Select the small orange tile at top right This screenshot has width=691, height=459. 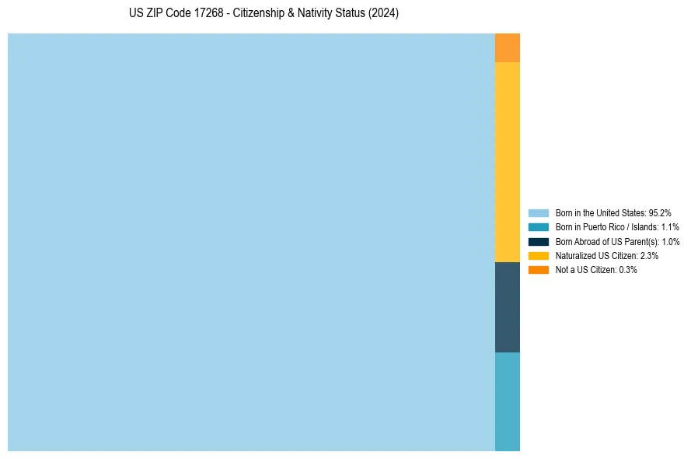point(508,48)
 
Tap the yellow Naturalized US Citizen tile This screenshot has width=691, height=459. point(508,162)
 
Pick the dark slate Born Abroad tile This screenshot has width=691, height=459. point(508,307)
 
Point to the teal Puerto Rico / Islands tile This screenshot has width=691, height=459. point(508,401)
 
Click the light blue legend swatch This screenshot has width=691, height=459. point(539,212)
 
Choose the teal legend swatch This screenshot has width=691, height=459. point(539,227)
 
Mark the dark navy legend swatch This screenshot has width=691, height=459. point(539,241)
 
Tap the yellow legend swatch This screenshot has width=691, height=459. point(539,255)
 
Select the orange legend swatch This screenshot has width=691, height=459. point(539,270)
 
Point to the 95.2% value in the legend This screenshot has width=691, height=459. point(660,212)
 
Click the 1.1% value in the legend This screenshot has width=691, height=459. point(670,227)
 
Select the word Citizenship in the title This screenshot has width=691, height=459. point(262,14)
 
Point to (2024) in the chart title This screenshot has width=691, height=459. point(384,14)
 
